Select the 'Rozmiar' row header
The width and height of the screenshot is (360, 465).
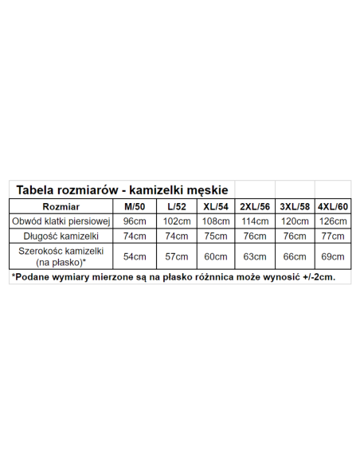pos(61,206)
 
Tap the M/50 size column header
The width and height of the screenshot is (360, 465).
pos(135,206)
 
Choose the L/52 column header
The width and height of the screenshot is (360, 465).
pos(175,206)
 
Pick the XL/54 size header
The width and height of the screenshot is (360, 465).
pos(215,206)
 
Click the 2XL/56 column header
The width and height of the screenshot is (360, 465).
pos(255,206)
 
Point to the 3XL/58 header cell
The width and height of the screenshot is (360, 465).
pos(295,206)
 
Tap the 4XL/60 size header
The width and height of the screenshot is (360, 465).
pos(333,206)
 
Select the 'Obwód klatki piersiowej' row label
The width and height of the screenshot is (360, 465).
pos(61,221)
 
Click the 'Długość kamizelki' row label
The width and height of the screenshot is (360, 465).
pos(61,236)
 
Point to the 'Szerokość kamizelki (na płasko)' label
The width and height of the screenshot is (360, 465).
pos(61,256)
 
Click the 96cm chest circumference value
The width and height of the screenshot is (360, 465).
pos(135,221)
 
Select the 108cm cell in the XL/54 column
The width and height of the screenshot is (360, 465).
pos(215,221)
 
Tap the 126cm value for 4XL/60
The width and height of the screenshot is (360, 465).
pos(333,221)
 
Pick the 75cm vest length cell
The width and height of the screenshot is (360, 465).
pos(215,236)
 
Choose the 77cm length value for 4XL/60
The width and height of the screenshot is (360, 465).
pos(333,236)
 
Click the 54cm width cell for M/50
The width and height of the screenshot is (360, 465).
pos(135,256)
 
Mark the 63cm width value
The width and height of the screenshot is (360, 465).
pos(255,256)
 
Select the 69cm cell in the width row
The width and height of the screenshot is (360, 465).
pos(333,256)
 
